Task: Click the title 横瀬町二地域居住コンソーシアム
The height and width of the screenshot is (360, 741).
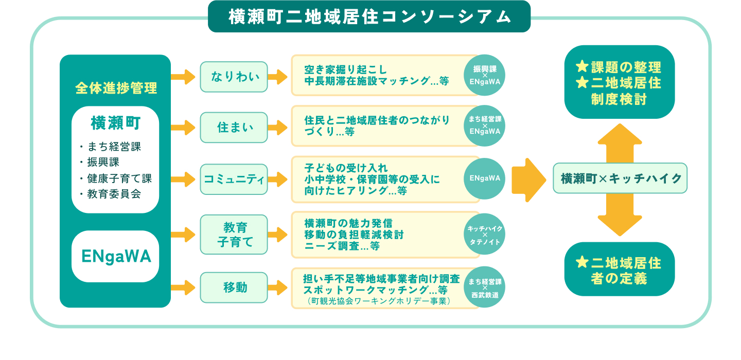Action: (x=369, y=17)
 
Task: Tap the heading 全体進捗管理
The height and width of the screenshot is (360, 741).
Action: (x=116, y=88)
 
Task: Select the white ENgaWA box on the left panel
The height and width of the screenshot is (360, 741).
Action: (x=115, y=256)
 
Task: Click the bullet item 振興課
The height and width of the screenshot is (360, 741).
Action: (x=103, y=162)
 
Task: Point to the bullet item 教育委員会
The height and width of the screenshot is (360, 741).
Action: (x=114, y=194)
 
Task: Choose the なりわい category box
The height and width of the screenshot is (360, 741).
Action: (x=234, y=77)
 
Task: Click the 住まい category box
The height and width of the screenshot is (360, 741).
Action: (x=234, y=127)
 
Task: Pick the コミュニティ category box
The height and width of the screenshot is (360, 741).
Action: (x=234, y=179)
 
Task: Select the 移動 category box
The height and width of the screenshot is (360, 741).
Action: (x=234, y=287)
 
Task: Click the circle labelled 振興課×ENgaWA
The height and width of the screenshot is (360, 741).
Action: (x=485, y=75)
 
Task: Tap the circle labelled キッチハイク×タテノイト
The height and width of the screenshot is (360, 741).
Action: (x=485, y=235)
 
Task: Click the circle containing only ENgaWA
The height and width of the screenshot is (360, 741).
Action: (x=485, y=178)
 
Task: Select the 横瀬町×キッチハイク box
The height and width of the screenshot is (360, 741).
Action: (x=620, y=178)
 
